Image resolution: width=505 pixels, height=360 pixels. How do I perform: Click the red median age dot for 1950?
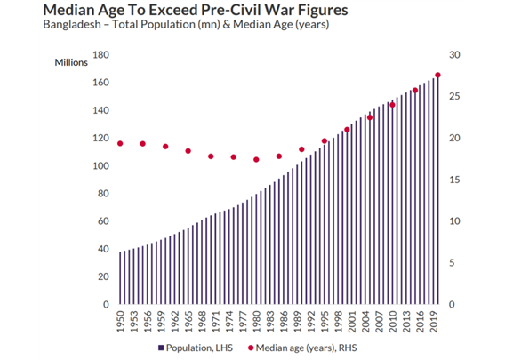point(120,144)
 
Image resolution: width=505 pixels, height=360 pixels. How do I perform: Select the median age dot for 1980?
point(256,160)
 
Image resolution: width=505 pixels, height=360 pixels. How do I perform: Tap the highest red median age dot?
point(437,75)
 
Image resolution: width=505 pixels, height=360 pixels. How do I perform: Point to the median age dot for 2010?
point(392,105)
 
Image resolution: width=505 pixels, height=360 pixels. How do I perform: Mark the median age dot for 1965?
point(188,151)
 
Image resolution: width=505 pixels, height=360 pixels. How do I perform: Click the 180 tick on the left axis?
point(100,55)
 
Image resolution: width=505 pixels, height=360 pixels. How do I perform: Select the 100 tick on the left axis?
point(100,166)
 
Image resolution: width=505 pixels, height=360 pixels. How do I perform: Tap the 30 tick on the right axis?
point(454,55)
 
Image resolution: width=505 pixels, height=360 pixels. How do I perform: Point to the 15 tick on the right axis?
point(454,180)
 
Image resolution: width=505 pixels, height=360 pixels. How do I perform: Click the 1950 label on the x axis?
point(120,322)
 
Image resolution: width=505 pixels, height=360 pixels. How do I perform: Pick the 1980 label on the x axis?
point(256,322)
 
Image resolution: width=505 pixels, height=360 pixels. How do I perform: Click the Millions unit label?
point(71,62)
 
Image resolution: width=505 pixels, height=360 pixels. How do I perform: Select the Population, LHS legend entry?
point(196,348)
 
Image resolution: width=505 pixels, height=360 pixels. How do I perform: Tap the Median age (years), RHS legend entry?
point(302,348)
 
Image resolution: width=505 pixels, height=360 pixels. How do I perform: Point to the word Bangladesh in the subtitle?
point(72,25)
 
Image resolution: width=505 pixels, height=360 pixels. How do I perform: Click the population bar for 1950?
point(120,278)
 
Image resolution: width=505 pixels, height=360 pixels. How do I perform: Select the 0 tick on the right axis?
point(452,305)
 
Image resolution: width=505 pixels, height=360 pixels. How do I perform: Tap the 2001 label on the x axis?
point(352,322)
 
